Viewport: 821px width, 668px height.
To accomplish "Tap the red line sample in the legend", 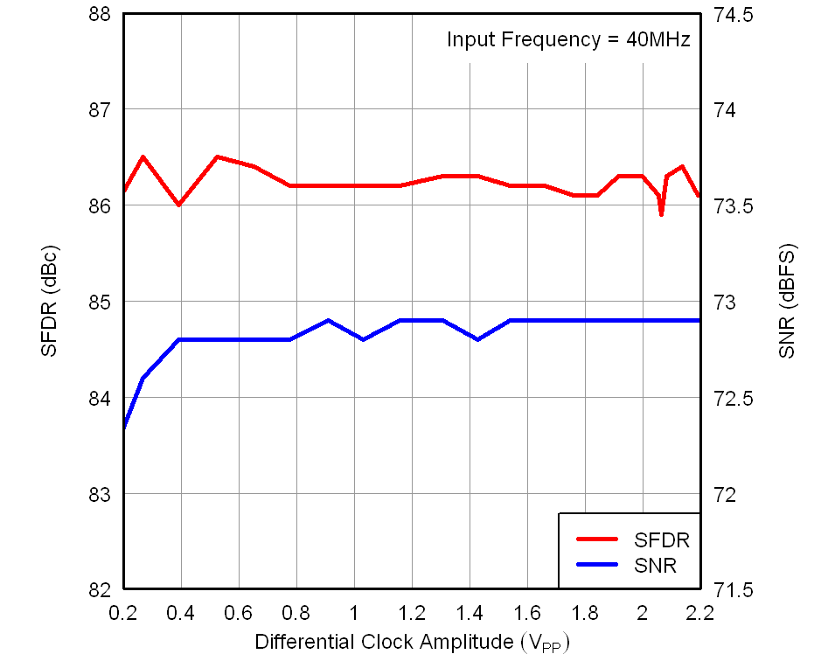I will [x=599, y=540].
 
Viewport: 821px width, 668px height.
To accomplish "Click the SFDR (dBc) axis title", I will [x=50, y=301].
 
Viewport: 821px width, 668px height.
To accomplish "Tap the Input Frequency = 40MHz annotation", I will [x=568, y=39].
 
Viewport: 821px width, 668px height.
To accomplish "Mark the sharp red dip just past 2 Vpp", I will [x=661, y=214].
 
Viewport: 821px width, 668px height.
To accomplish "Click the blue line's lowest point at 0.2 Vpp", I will [x=124, y=428].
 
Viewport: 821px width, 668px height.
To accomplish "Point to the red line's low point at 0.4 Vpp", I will [x=179, y=205].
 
